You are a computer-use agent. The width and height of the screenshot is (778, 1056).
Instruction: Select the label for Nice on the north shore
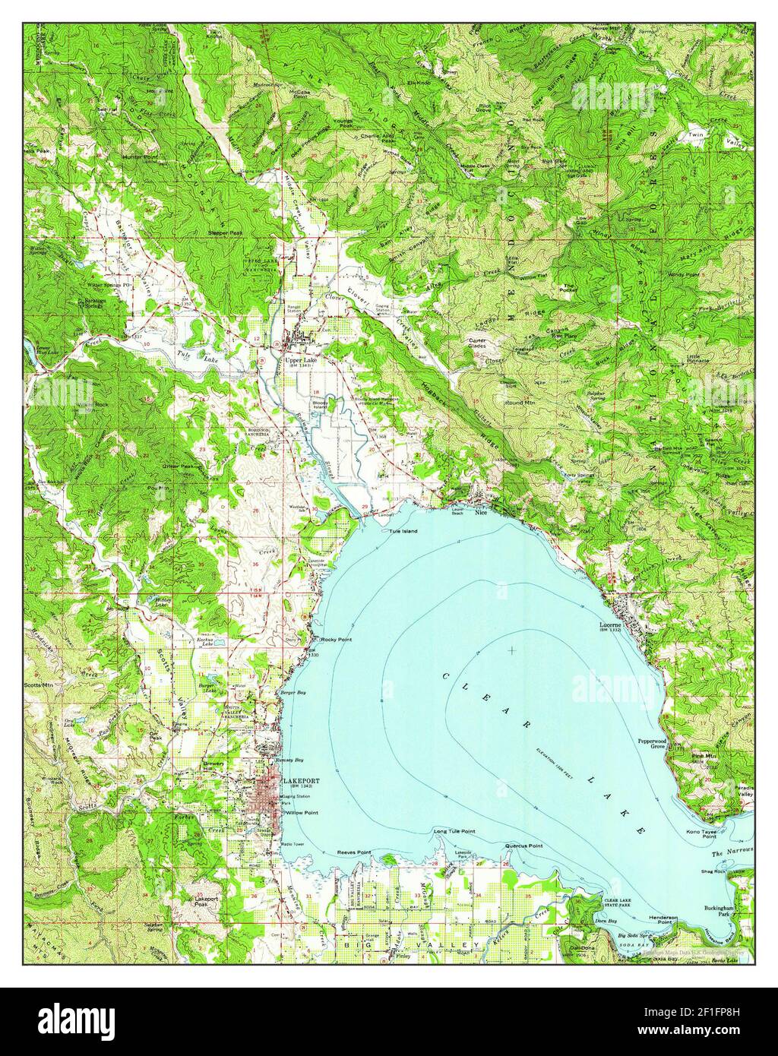coord(479,513)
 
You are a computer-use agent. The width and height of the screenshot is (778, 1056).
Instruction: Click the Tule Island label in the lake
coord(404,531)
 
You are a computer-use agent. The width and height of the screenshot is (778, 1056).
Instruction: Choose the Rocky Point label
coord(337,639)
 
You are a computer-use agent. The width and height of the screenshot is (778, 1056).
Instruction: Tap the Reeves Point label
coord(353,853)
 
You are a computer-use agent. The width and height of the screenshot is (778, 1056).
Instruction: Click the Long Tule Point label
coord(454,831)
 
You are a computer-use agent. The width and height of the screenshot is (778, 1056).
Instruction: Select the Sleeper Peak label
coord(226,232)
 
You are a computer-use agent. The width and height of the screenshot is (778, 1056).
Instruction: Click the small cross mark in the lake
coord(514,650)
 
